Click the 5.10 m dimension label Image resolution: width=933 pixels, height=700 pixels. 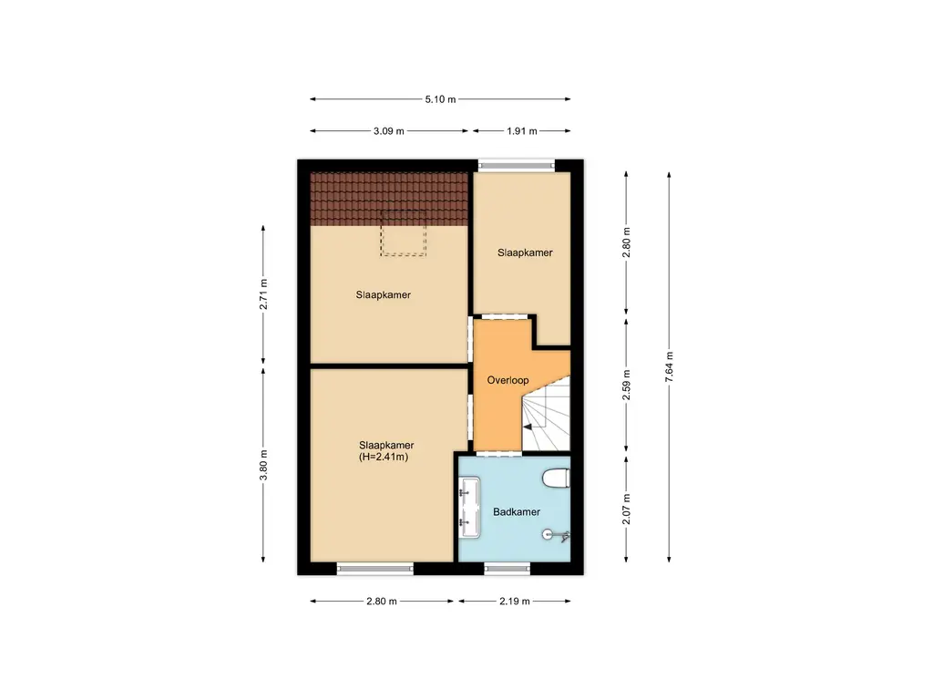440,99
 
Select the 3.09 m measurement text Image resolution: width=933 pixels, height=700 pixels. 389,131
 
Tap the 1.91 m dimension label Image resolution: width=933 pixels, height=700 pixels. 521,131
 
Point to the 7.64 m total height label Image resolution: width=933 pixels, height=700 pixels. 670,368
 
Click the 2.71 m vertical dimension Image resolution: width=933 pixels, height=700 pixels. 263,293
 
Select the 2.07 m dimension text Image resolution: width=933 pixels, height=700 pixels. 626,510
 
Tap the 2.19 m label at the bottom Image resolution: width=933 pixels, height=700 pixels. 515,602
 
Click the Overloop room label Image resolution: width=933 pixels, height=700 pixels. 508,381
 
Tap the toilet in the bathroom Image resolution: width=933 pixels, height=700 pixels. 556,477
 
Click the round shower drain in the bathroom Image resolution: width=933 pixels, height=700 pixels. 549,535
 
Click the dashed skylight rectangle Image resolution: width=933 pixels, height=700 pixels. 404,232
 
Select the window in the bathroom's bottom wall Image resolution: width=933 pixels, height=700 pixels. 507,569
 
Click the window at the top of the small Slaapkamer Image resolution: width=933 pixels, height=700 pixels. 517,166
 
